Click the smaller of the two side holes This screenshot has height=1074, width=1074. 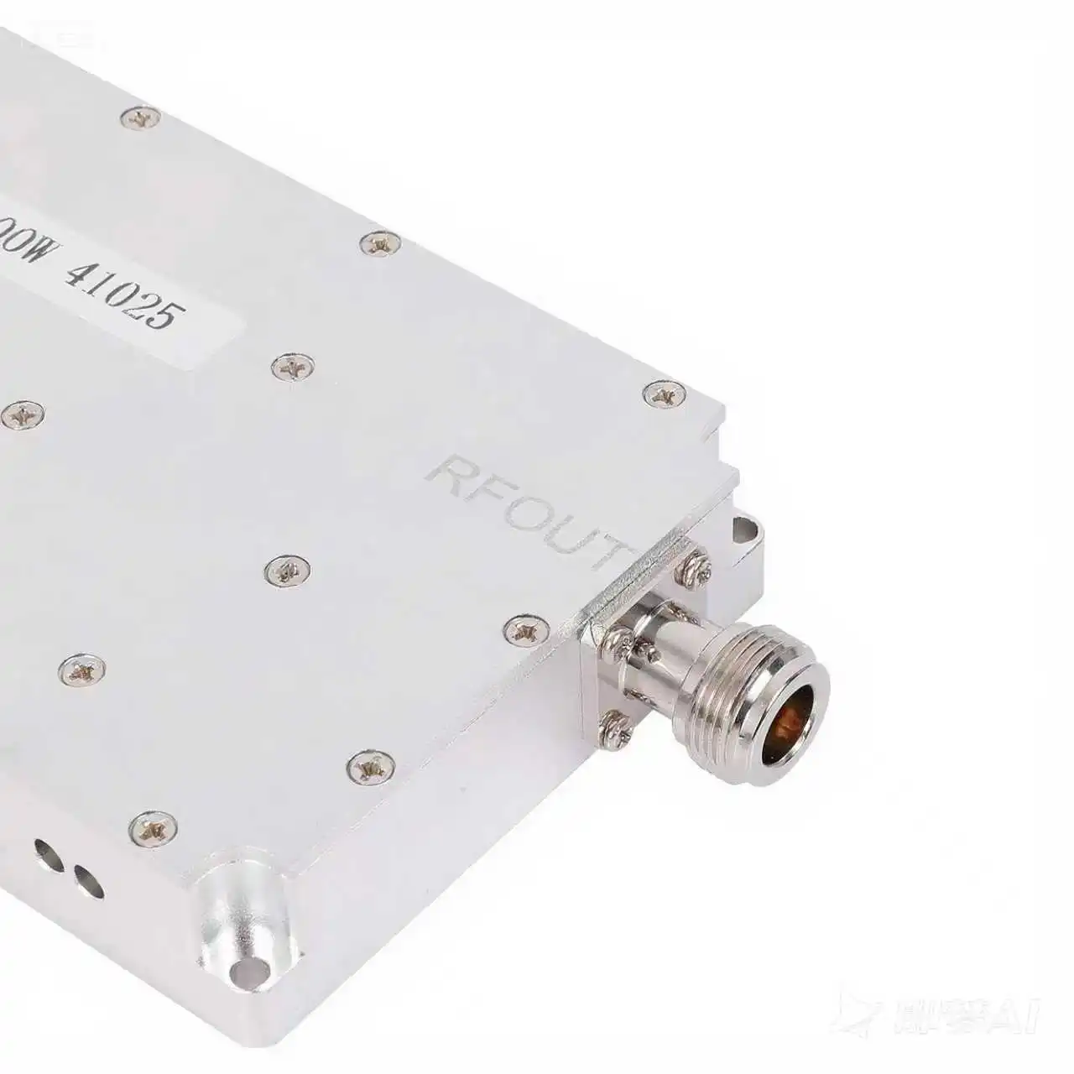pos(85,881)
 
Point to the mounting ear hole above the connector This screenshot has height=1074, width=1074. pos(744,528)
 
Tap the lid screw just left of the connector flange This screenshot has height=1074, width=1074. pos(529,625)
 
